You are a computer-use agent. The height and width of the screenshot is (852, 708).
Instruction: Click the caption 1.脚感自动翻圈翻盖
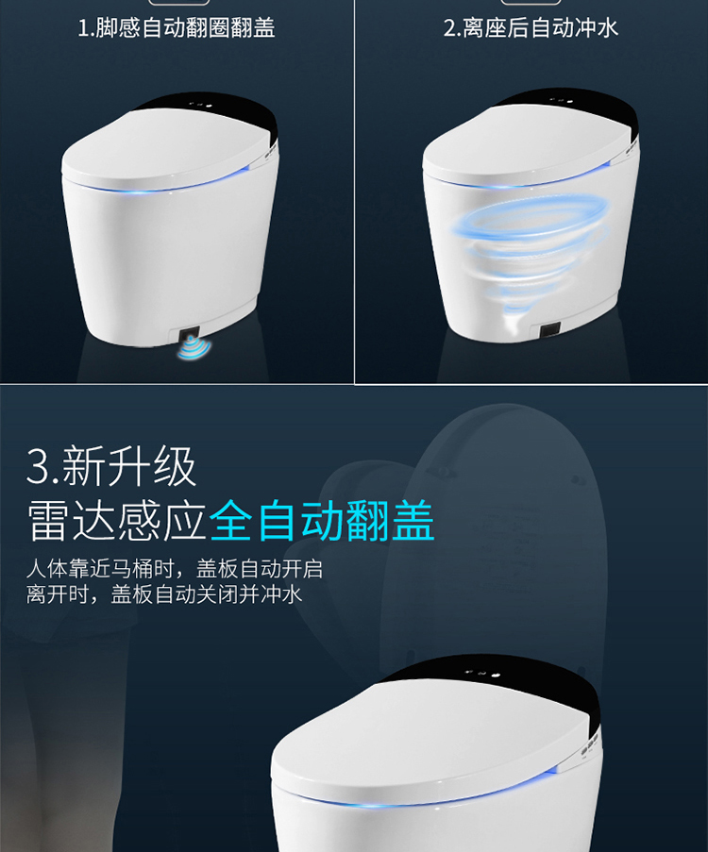177,27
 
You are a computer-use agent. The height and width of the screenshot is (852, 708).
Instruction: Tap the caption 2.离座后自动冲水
531,27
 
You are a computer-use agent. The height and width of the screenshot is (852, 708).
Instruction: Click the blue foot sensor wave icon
194,346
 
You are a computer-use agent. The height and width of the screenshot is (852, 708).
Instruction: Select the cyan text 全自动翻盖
322,521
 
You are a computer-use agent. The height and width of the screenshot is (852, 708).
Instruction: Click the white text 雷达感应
117,521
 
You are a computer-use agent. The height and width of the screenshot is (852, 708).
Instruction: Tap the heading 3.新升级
111,466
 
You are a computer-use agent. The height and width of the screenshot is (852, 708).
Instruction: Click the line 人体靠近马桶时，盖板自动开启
175,569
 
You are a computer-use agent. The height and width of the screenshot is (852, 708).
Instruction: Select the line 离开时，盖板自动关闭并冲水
163,593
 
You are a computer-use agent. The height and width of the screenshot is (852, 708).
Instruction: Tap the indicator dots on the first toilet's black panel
199,105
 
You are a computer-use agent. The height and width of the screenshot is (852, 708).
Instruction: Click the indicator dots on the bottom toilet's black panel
481,674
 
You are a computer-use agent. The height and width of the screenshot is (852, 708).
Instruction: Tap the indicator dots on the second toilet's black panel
561,101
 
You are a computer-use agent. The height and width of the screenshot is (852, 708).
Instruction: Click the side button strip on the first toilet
272,154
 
